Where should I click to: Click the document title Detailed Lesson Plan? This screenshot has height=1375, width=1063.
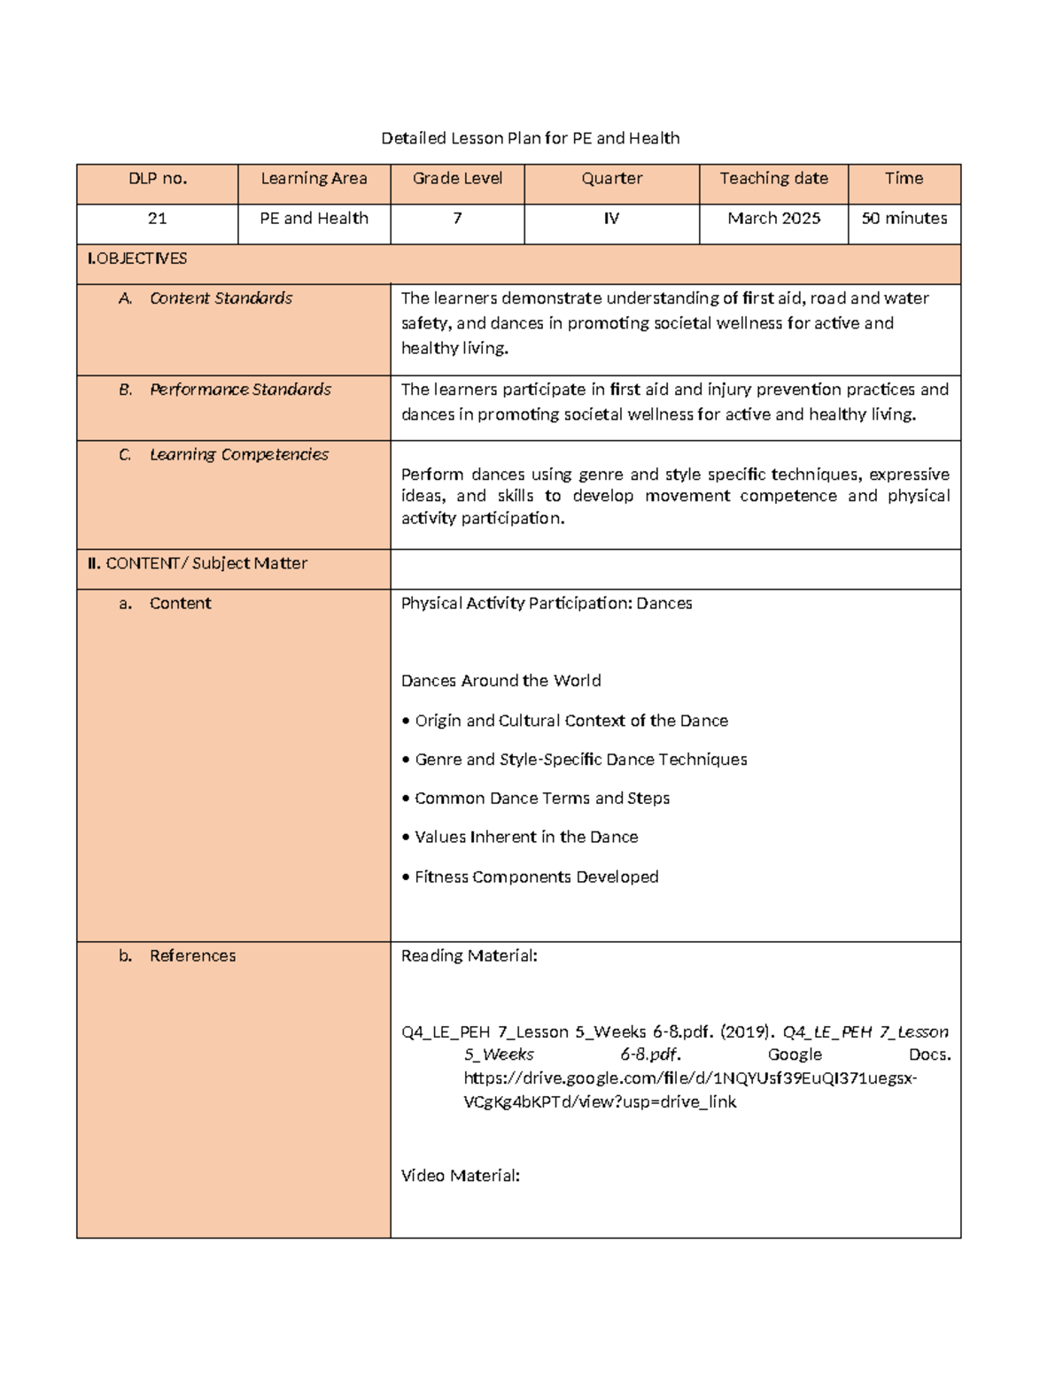[530, 138]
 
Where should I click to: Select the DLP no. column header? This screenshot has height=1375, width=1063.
[158, 179]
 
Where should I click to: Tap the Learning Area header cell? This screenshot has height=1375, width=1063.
[314, 179]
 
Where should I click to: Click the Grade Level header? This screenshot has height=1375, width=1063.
[457, 179]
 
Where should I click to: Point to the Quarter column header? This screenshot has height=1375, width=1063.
[611, 179]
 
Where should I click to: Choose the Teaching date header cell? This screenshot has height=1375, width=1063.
[773, 179]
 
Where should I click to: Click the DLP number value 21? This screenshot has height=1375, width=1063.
[158, 219]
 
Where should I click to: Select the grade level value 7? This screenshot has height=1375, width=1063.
[457, 219]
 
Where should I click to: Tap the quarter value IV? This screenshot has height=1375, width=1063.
[611, 219]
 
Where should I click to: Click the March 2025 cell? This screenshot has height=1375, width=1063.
[773, 219]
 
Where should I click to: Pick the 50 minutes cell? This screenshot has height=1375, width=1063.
[904, 219]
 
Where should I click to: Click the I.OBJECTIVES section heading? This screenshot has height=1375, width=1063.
[137, 259]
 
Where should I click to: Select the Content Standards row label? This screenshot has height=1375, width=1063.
[221, 298]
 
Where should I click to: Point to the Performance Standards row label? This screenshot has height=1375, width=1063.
[239, 390]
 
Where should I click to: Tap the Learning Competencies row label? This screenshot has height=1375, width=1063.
[238, 455]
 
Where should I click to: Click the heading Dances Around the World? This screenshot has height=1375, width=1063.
[500, 681]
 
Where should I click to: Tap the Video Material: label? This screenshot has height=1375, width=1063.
[460, 1176]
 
